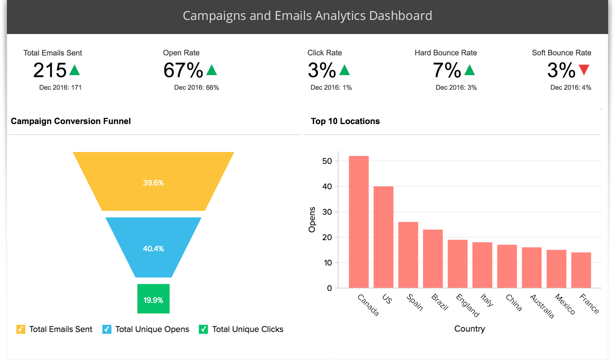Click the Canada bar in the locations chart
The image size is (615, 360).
(x=359, y=222)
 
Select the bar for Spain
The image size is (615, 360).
(x=408, y=255)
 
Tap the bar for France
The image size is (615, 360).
(x=581, y=270)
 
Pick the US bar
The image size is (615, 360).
(x=383, y=237)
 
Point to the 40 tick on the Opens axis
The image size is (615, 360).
(x=327, y=187)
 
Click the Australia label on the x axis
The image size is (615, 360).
(x=542, y=306)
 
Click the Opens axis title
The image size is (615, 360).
(x=312, y=220)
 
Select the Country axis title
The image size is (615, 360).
(x=470, y=329)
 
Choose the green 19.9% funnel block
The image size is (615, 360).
(x=153, y=299)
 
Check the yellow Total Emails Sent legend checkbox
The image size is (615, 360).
(x=21, y=329)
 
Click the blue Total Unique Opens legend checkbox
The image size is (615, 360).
(x=107, y=329)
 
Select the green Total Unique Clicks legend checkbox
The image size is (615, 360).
(x=203, y=329)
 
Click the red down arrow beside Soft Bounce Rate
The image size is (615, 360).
(x=584, y=69)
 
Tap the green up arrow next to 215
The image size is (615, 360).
(x=75, y=70)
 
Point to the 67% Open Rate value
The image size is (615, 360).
(x=183, y=70)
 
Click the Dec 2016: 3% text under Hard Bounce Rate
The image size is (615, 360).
(x=456, y=88)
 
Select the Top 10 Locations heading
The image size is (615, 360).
(x=345, y=121)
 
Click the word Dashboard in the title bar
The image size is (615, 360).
(x=400, y=16)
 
